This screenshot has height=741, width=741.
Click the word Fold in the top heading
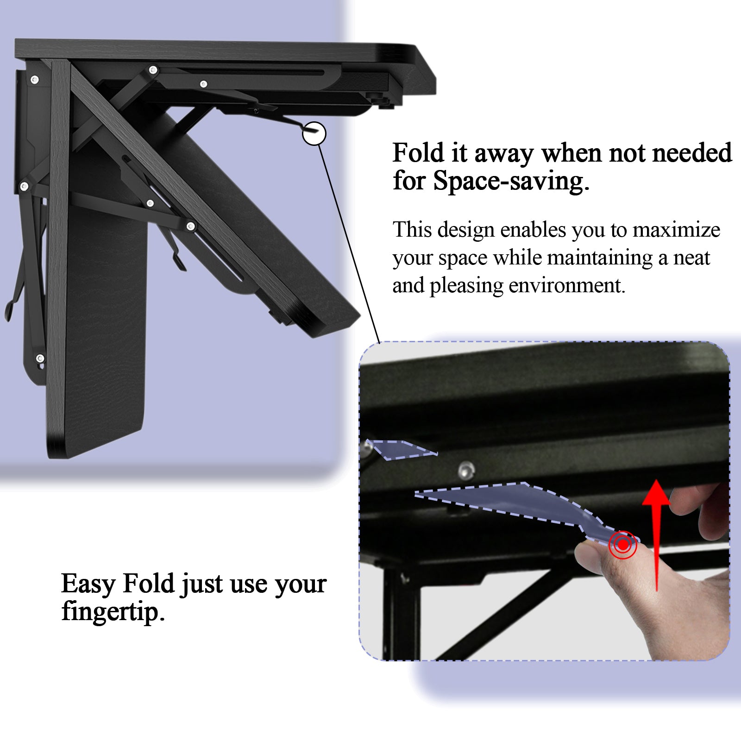[418, 153]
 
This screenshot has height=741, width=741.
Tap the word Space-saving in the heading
[511, 181]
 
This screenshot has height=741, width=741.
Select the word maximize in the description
[677, 230]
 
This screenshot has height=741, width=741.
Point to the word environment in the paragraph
[567, 285]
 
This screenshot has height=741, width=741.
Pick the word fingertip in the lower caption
[113, 612]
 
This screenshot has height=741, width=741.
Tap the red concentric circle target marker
[623, 545]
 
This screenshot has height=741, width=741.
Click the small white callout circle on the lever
[314, 133]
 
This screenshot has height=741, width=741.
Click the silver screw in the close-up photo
[466, 471]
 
